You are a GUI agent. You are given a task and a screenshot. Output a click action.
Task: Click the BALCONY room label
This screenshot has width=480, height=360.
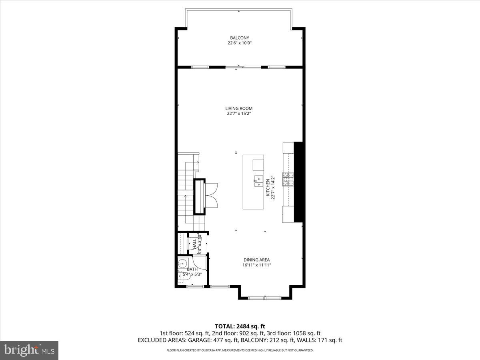pos(239,38)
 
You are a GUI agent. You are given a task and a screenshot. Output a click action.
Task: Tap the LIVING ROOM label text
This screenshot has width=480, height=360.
pos(239,108)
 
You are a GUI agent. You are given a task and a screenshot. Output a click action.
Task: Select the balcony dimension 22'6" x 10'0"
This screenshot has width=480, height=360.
pos(239,43)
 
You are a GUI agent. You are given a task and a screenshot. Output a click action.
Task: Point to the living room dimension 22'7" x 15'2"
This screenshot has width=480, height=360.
pos(239,114)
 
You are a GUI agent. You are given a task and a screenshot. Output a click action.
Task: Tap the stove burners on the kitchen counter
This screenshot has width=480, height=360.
pos(288,179)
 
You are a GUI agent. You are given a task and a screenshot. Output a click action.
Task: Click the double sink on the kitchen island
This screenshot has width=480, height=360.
pos(258,182)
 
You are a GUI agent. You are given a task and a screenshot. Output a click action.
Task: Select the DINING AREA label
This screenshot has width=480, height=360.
pos(256,260)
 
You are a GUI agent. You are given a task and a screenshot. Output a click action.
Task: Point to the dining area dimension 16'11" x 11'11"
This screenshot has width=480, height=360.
pos(256,265)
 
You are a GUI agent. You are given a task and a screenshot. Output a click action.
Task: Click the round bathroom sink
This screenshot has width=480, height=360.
pos(183,264)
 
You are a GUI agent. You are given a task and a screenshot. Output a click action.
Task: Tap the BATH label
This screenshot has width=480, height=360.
pos(192,269)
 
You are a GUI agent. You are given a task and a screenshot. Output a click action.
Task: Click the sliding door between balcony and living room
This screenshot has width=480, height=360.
pos(239,67)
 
